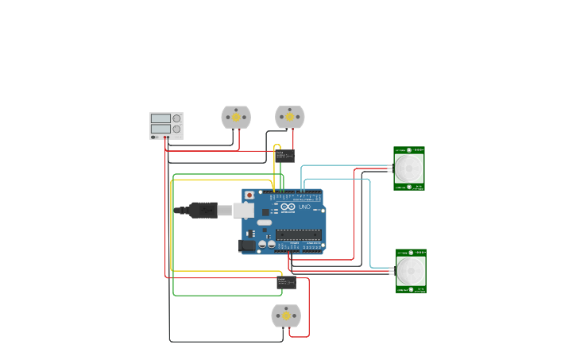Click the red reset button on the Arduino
pyautogui.click(x=249, y=195)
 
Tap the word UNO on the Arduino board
pyautogui.click(x=304, y=207)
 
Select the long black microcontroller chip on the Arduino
pyautogui.click(x=299, y=234)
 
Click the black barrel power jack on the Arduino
pyautogui.click(x=247, y=246)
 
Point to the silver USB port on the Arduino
pyautogui.click(x=244, y=210)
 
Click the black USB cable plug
pyautogui.click(x=203, y=210)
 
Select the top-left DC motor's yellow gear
pyautogui.click(x=236, y=117)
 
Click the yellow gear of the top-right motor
pyautogui.click(x=290, y=117)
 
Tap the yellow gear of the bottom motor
pyautogui.click(x=286, y=315)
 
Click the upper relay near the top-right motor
pyautogui.click(x=285, y=156)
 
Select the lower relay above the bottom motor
pyautogui.click(x=286, y=282)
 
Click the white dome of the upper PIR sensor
pyautogui.click(x=409, y=168)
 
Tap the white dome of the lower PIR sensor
pyautogui.click(x=411, y=271)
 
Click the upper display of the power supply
pyautogui.click(x=160, y=118)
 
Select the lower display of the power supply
pyautogui.click(x=160, y=129)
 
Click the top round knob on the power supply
pyautogui.click(x=176, y=118)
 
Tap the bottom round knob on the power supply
pyautogui.click(x=176, y=129)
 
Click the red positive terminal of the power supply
pyautogui.click(x=168, y=137)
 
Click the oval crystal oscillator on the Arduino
pyautogui.click(x=264, y=223)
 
